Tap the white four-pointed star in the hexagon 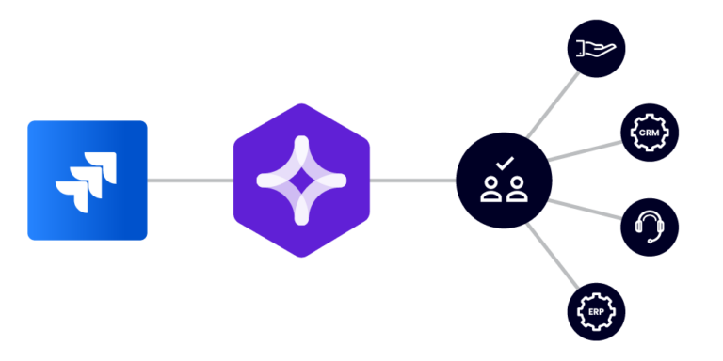301,180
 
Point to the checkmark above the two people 505,163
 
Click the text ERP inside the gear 597,311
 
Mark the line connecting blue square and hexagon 189,180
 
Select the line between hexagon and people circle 412,180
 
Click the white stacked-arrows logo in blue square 83,180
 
